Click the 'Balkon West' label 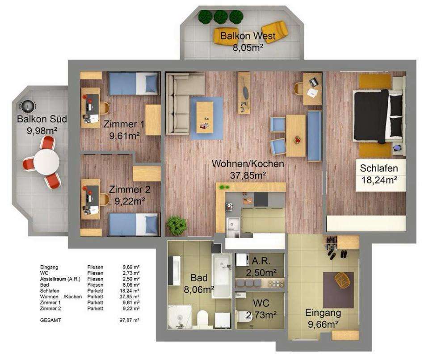click(248, 36)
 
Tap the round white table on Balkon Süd click(46, 161)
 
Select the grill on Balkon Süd click(28, 106)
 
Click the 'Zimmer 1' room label click(124, 124)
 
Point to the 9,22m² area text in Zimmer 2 click(130, 201)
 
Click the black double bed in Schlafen click(379, 116)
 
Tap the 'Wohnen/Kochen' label click(248, 163)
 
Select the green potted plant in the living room click(176, 225)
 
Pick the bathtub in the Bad click(222, 275)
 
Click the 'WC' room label click(261, 303)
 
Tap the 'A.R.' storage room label click(261, 261)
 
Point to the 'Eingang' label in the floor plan click(323, 313)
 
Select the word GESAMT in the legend click(50, 320)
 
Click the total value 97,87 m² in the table click(130, 320)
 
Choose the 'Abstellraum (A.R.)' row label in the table click(60, 279)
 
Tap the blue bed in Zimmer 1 click(134, 84)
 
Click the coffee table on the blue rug click(205, 117)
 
